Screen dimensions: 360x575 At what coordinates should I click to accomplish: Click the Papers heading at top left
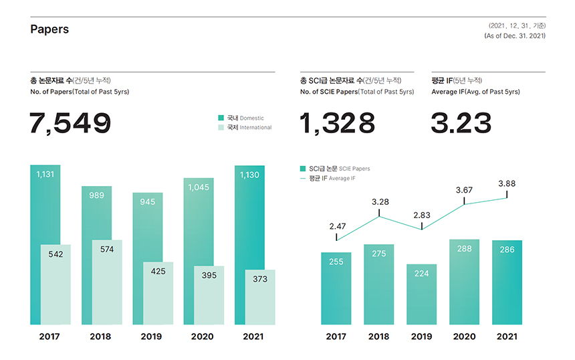(49, 29)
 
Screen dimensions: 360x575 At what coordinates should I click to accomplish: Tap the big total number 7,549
(70, 124)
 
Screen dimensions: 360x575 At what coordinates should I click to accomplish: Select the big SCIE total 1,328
(338, 124)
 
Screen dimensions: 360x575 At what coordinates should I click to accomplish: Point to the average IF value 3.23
(461, 124)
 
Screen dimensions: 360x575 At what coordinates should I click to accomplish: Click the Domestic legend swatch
(221, 118)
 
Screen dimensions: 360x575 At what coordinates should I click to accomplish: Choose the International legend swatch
(221, 127)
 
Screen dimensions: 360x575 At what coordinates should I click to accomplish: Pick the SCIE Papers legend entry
(335, 169)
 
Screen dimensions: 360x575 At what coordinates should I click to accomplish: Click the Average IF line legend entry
(328, 179)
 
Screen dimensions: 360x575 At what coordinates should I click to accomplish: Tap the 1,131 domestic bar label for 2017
(45, 174)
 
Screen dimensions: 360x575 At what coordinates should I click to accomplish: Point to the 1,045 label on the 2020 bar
(198, 187)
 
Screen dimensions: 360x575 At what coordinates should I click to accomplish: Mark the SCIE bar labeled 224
(421, 294)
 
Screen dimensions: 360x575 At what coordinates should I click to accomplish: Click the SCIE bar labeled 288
(464, 281)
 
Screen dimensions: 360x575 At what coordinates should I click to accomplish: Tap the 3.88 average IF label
(507, 183)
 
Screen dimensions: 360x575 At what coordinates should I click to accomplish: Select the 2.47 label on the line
(338, 227)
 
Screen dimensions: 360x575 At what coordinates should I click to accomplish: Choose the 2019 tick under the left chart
(151, 337)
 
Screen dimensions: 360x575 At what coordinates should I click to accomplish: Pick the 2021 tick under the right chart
(507, 337)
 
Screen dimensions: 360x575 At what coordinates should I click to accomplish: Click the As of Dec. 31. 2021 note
(515, 35)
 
